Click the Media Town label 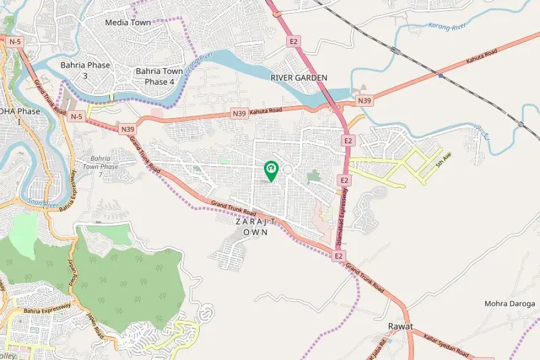tap(128, 23)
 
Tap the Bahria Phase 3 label tap(85, 70)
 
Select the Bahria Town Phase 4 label tap(159, 76)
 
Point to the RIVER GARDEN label tap(299, 78)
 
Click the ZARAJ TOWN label tap(256, 227)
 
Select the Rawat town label tap(400, 326)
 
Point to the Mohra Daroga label tap(509, 304)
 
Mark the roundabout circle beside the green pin tap(287, 170)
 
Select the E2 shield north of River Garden tap(293, 41)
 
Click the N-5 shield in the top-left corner tap(14, 41)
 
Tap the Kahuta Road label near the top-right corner tap(482, 58)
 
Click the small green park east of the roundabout tap(314, 176)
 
